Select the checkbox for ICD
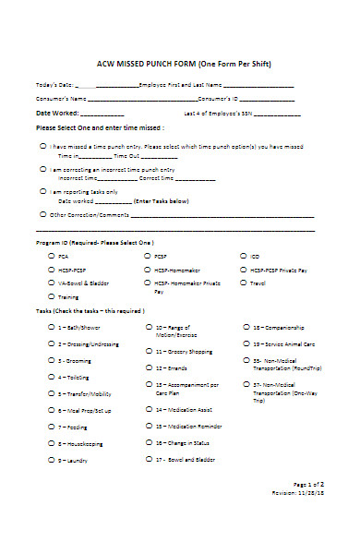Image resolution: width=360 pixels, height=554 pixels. [244, 256]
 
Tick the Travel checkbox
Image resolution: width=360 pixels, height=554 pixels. [244, 283]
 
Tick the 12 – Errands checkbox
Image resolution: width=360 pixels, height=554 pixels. [148, 368]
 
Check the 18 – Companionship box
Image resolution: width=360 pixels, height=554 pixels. [244, 327]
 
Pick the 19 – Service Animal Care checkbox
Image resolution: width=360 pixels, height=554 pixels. [244, 343]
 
